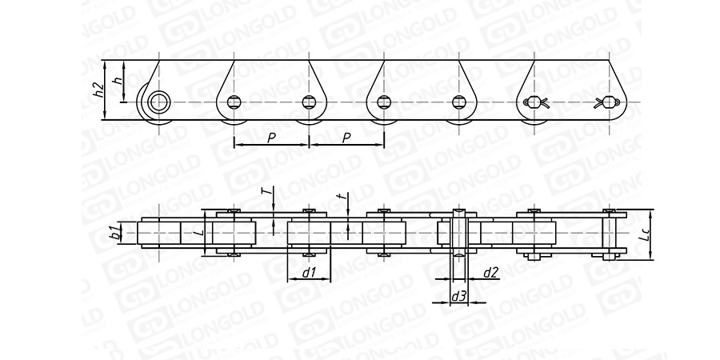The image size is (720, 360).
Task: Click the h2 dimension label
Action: pos(98,90)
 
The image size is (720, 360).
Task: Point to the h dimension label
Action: pos(119,80)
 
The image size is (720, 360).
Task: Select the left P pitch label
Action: pos(271,138)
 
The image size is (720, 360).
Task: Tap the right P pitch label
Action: pos(346,138)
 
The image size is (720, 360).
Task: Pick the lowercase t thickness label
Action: pos(340,196)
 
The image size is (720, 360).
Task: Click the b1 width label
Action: pos(116,232)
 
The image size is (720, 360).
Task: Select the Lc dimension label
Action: pos(645,235)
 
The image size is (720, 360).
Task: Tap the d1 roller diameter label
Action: pos(309,273)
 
